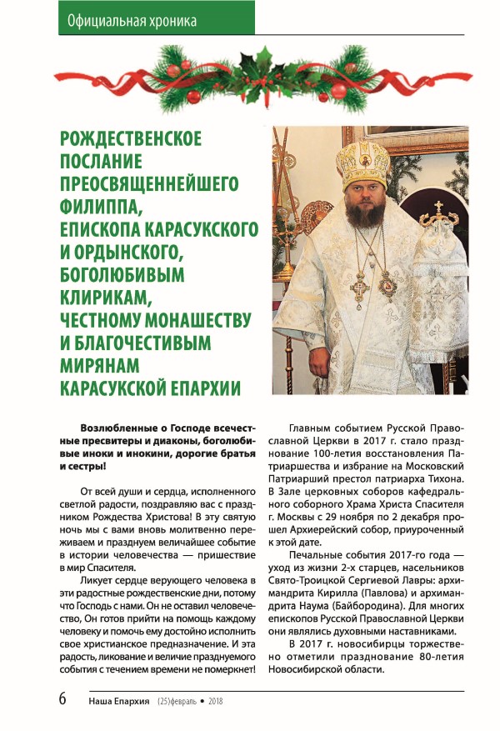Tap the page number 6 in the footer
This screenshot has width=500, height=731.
[x=62, y=699]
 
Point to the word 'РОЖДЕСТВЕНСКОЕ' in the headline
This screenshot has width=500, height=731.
[x=131, y=138]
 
